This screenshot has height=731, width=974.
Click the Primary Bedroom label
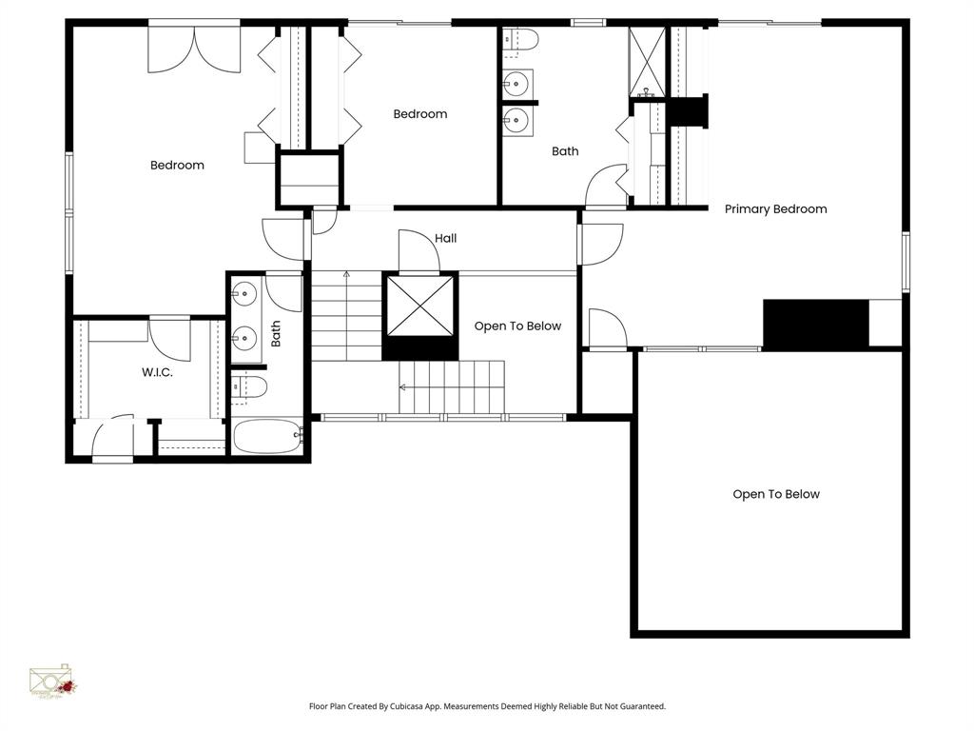coord(775,208)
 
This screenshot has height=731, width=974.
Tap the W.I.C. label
coord(157,372)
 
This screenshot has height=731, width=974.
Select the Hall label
coord(445,238)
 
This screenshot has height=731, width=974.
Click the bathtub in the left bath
coord(267,436)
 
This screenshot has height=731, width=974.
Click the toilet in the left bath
coord(250,386)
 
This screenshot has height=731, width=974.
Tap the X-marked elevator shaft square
coord(419,306)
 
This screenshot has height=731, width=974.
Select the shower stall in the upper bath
coord(647,63)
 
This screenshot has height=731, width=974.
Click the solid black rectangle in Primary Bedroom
coord(816,325)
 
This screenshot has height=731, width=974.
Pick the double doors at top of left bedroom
coord(194,49)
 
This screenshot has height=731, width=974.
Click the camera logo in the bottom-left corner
coord(52,682)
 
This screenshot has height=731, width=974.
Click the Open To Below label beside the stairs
coord(517,326)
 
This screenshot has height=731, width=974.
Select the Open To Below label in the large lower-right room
coord(775,494)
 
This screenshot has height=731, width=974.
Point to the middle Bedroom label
coord(419,114)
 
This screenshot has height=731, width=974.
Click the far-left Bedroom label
coord(177,166)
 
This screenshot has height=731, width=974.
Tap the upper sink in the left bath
coord(245,293)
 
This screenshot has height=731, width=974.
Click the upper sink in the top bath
coord(516,84)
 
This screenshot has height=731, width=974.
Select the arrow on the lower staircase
coord(403,387)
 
